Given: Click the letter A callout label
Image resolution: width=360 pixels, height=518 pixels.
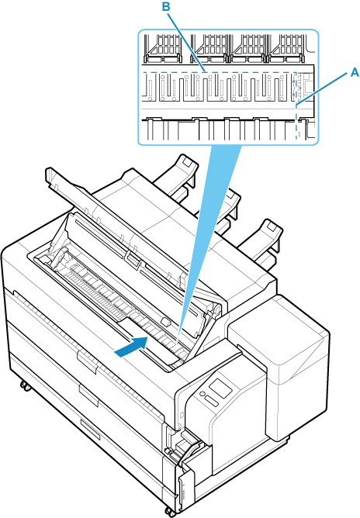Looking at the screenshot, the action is (x=355, y=72).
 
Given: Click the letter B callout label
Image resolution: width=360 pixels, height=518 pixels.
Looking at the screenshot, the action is (x=166, y=7).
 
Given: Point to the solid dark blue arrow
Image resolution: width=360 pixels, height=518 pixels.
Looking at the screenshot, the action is (x=131, y=347).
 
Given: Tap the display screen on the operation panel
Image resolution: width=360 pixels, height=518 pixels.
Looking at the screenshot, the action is (x=221, y=388).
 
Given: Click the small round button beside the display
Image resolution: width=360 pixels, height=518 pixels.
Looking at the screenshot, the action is (x=202, y=394).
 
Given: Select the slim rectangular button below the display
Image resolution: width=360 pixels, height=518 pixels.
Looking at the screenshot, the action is (x=212, y=401).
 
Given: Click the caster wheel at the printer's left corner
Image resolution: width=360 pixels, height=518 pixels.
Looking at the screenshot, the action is (x=25, y=385).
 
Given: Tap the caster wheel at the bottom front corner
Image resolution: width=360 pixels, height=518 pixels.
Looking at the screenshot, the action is (x=170, y=512).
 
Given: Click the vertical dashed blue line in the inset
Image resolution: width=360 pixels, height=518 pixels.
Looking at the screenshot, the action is (x=296, y=105).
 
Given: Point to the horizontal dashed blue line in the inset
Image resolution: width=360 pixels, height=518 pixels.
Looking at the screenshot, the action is (x=220, y=71).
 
